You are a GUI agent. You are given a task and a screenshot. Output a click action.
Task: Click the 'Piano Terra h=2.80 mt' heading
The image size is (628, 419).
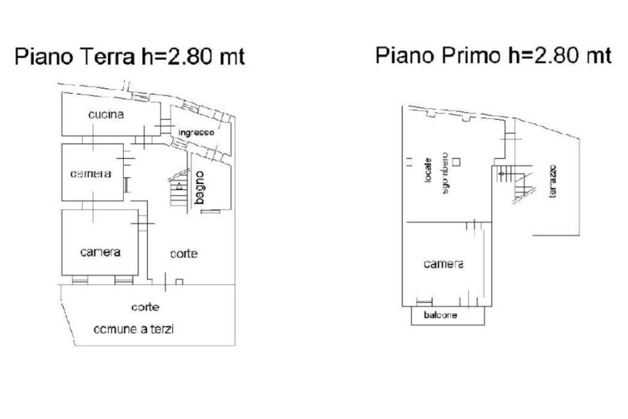[x=129, y=56]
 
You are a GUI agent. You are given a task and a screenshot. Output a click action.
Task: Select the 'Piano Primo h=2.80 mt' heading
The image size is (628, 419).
[x=493, y=55]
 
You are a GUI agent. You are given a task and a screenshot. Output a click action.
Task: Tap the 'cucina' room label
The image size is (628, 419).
[x=106, y=115]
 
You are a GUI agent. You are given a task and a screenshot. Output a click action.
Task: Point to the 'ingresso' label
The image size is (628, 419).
[x=196, y=133]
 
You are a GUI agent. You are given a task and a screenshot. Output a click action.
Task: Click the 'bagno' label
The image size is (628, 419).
[x=199, y=188]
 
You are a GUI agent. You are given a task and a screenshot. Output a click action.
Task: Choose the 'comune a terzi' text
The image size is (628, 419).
[x=133, y=329]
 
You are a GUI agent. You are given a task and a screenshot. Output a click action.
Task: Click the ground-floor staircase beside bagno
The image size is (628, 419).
[x=178, y=188]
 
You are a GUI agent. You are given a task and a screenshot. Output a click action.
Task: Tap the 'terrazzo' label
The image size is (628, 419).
[x=553, y=181]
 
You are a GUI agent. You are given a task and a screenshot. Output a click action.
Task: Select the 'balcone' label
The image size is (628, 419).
[x=440, y=315]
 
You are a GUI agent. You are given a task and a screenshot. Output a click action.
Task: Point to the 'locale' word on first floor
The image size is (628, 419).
[x=428, y=171]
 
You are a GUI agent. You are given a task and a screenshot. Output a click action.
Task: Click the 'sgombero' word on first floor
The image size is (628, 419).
[x=445, y=173]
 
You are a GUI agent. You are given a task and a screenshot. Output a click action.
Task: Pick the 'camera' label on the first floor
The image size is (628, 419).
[x=443, y=264]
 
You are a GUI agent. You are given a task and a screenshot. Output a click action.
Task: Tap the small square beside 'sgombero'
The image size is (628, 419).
[x=456, y=162]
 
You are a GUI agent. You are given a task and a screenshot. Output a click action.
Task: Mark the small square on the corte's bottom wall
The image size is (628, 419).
[x=179, y=282]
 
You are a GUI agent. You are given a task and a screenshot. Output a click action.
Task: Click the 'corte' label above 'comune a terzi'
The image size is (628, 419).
[x=145, y=307]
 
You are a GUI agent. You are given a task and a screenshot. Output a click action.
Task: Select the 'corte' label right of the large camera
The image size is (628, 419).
[x=184, y=254]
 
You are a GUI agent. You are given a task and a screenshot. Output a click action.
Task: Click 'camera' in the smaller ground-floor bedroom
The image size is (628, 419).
[x=91, y=174]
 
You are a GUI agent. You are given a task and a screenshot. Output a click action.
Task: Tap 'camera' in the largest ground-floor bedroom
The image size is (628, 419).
[x=100, y=252]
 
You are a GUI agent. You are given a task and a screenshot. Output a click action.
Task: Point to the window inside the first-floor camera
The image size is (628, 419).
[x=424, y=301]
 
